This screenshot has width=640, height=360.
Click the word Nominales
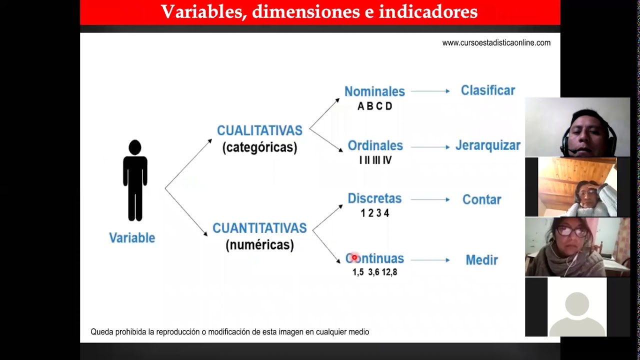(374, 91)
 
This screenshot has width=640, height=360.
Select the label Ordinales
(375, 145)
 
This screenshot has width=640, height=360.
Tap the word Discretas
(374, 198)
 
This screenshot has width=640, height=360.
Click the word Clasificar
(487, 90)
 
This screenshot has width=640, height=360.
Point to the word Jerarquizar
(487, 145)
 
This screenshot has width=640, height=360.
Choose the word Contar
(481, 199)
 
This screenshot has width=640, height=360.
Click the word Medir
(481, 260)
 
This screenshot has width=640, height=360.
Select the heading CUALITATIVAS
(259, 130)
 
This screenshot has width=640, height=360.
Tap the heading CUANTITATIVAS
(259, 228)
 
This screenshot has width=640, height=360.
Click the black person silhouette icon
(135, 180)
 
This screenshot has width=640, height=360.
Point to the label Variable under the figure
(132, 238)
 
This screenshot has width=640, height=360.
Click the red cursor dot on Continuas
(354, 257)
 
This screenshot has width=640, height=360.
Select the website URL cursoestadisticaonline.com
(496, 43)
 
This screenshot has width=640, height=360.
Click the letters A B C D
(374, 106)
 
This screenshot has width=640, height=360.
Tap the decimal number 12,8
(389, 272)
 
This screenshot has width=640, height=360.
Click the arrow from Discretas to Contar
(430, 199)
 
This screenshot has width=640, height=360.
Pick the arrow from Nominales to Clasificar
(430, 91)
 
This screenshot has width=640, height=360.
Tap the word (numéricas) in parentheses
(259, 245)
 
